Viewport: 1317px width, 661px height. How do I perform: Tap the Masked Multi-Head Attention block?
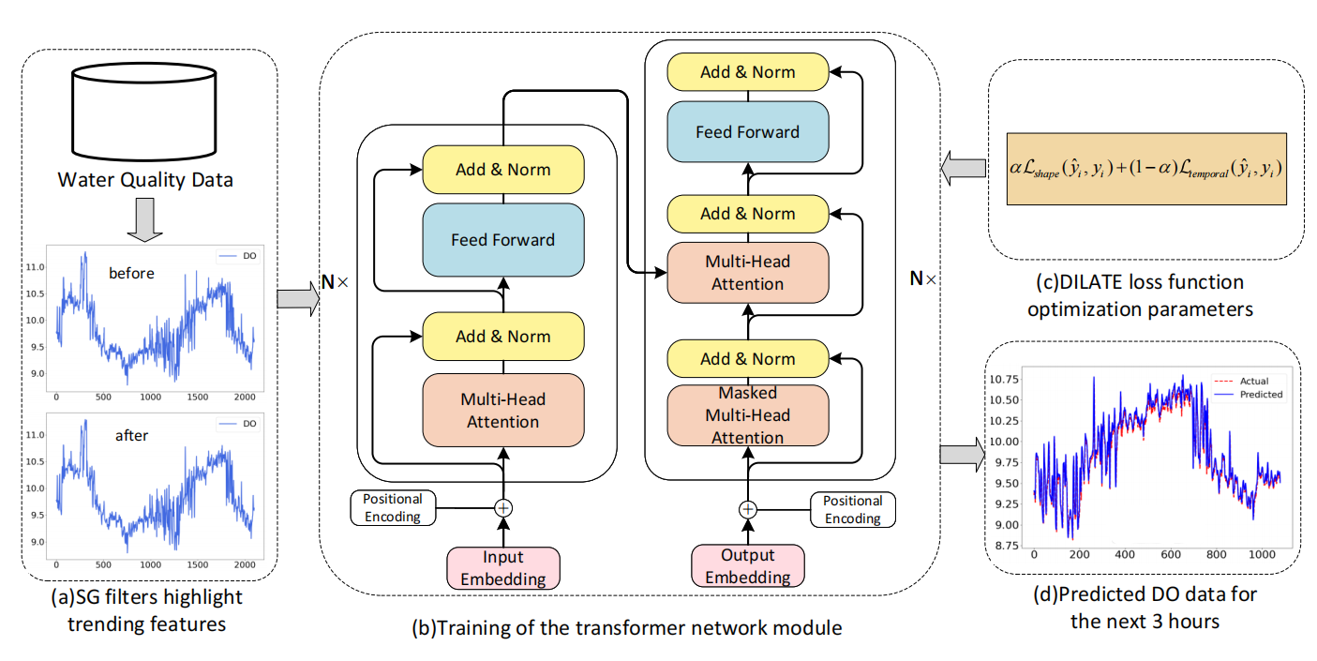[x=747, y=414]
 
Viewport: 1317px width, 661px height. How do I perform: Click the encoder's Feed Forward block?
[x=503, y=239]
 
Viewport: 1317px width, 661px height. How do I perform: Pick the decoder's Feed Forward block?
[x=747, y=131]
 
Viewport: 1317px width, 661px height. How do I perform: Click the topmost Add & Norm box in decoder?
[x=747, y=72]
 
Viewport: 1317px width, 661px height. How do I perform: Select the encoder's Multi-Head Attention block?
[x=503, y=410]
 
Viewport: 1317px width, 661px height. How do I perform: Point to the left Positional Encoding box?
[x=394, y=508]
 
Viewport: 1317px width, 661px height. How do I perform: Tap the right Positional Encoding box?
[x=852, y=509]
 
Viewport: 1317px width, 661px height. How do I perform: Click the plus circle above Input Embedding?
[x=503, y=508]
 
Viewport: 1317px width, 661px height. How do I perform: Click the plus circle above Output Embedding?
[x=747, y=509]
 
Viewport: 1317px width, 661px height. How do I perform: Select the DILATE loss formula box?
[x=1146, y=169]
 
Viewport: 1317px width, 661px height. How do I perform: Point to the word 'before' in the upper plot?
[x=132, y=274]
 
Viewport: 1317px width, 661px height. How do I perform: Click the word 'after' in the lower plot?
[x=132, y=435]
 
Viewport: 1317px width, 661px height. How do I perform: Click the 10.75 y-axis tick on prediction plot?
[x=1009, y=380]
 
